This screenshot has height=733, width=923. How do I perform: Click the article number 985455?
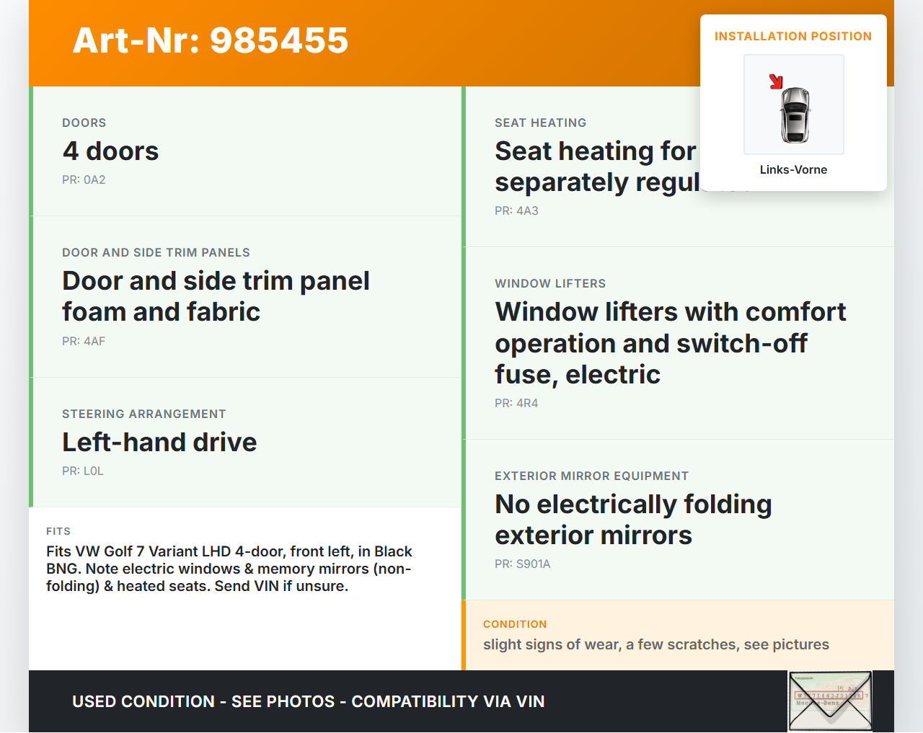tap(279, 40)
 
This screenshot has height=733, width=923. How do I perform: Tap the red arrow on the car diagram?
tap(776, 81)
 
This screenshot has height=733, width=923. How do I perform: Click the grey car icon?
tap(795, 115)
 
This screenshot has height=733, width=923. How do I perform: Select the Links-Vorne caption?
tap(793, 169)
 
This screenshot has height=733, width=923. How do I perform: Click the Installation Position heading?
tap(792, 36)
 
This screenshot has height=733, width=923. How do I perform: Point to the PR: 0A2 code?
tap(84, 179)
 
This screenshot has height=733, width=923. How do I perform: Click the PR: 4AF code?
tap(84, 341)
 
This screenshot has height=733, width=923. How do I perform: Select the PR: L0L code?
tap(83, 471)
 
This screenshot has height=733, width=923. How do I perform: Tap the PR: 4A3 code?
tap(516, 210)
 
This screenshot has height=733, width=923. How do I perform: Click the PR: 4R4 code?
tap(516, 403)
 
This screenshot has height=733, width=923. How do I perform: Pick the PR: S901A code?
tap(522, 564)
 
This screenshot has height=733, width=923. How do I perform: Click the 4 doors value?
tap(110, 151)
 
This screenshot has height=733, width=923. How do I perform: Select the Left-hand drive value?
tap(159, 442)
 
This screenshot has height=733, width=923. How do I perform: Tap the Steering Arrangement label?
tap(144, 414)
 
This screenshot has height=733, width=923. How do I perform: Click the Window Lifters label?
tap(550, 283)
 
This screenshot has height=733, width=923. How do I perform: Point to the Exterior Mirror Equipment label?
tap(591, 476)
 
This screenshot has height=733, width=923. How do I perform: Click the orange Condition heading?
tap(515, 624)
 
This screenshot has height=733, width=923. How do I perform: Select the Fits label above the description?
tap(58, 531)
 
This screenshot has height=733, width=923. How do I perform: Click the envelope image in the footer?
tap(830, 701)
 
